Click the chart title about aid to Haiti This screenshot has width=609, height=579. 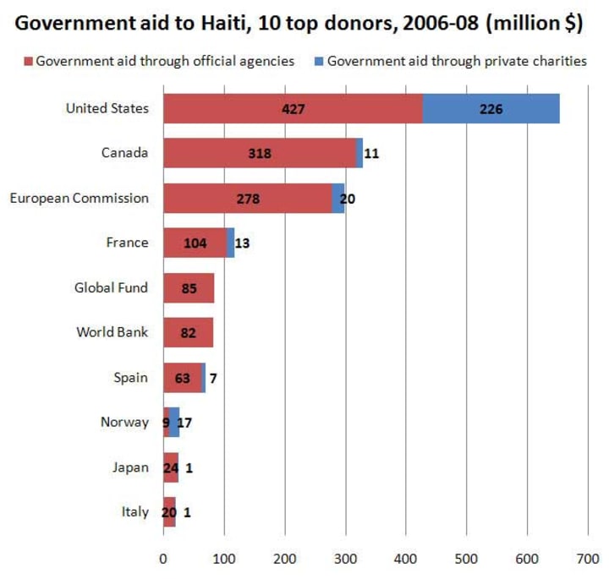point(299,23)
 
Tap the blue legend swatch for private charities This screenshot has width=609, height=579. point(319,61)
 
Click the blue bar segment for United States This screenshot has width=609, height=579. point(491,108)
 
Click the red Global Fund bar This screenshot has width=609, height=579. point(188,288)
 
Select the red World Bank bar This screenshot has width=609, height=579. point(187,333)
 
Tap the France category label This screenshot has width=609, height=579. point(127,243)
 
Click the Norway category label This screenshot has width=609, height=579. point(124,423)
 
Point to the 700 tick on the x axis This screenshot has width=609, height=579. point(588,557)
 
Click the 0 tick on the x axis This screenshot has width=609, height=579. point(163,557)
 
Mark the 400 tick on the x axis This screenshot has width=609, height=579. point(406,557)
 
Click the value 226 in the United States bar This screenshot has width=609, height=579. point(491,109)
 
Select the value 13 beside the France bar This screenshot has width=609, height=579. point(243,243)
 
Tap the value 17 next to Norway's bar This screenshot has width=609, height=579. point(184,423)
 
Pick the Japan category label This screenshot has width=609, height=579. point(130,467)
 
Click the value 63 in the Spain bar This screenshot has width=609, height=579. point(183,378)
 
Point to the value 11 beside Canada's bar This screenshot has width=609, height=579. point(372,154)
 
